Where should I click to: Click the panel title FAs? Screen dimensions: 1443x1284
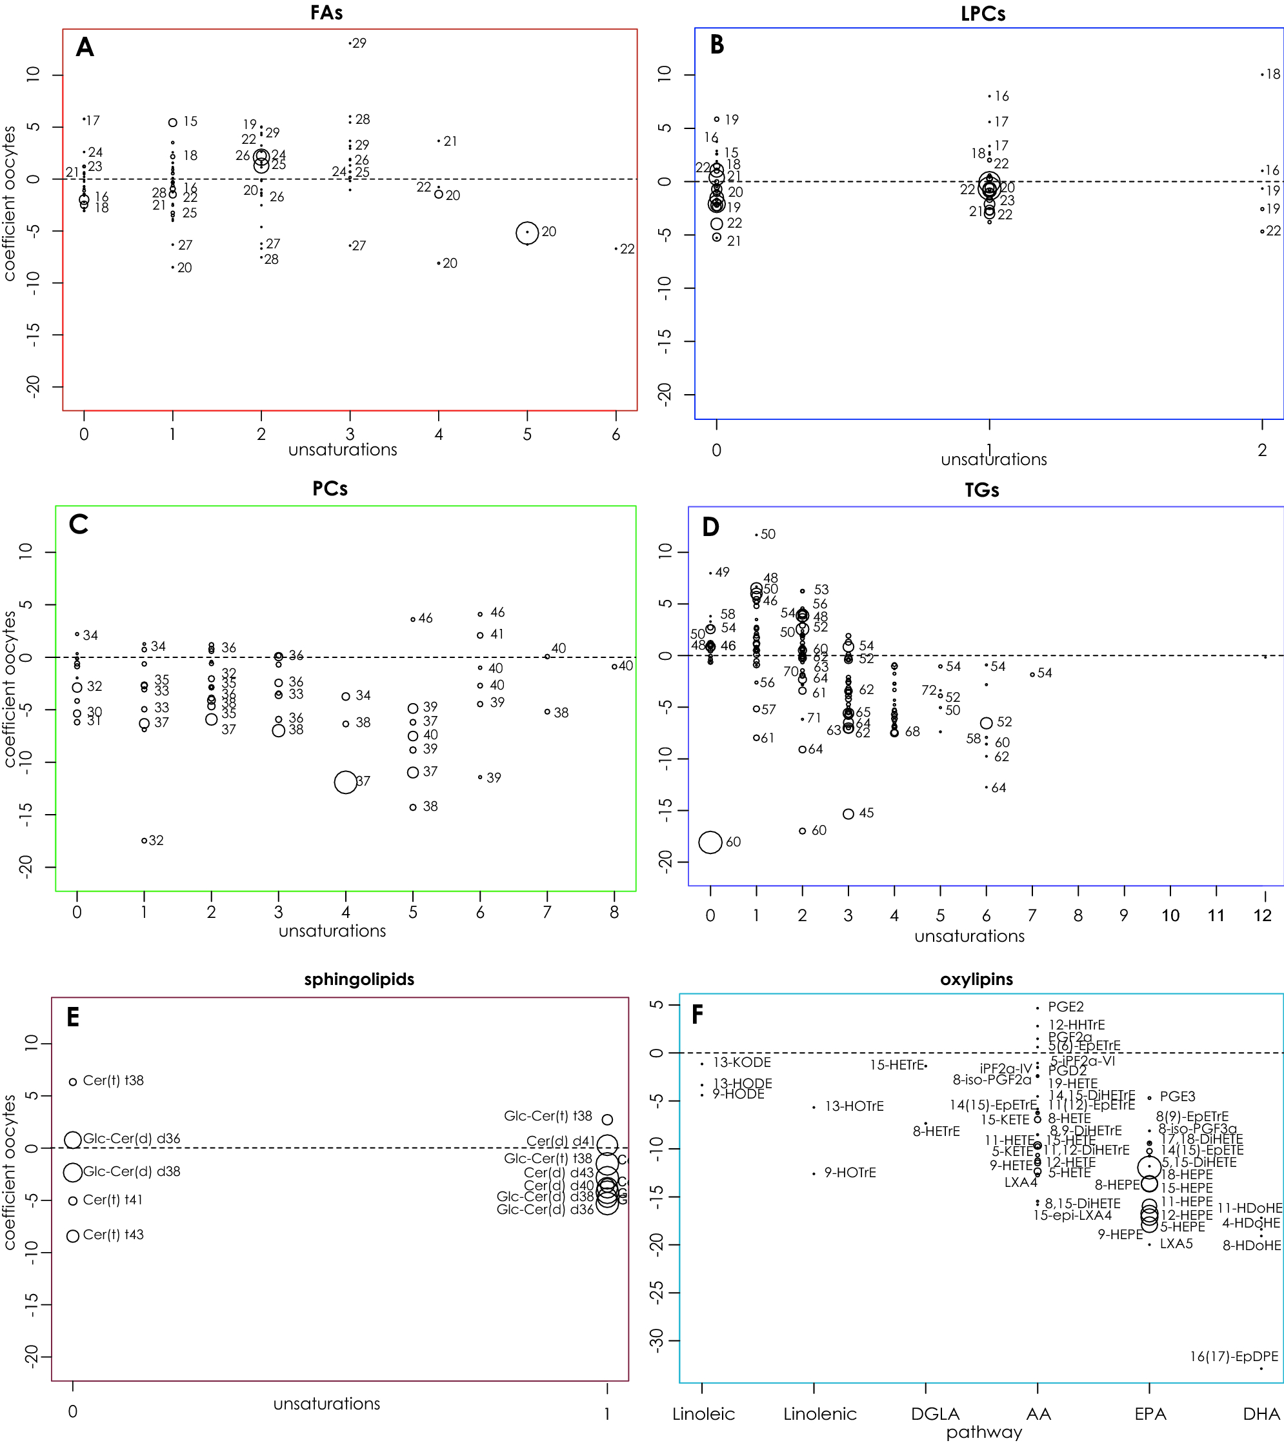pyautogui.click(x=326, y=13)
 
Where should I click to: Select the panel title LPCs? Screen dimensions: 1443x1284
pyautogui.click(x=983, y=13)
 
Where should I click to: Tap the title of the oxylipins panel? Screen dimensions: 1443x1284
pyautogui.click(x=976, y=979)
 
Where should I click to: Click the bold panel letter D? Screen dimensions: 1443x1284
pyautogui.click(x=710, y=526)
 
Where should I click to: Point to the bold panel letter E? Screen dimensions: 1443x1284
pyautogui.click(x=73, y=1017)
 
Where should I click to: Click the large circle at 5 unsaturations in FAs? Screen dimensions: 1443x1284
pyautogui.click(x=527, y=232)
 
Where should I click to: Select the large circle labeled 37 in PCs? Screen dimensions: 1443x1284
pyautogui.click(x=345, y=782)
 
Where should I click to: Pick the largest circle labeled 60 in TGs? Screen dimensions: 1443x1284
pyautogui.click(x=710, y=842)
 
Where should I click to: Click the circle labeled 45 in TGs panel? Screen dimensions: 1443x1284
pyautogui.click(x=848, y=814)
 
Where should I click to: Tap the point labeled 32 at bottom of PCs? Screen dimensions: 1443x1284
pyautogui.click(x=144, y=841)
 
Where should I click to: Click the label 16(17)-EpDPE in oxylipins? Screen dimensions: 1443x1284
pyautogui.click(x=1233, y=1356)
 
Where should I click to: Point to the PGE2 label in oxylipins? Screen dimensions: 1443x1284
pyautogui.click(x=1065, y=1007)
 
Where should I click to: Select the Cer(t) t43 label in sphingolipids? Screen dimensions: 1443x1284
pyautogui.click(x=113, y=1235)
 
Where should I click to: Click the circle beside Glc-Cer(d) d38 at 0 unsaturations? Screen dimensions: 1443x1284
pyautogui.click(x=73, y=1172)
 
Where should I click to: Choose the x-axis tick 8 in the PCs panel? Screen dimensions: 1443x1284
pyautogui.click(x=614, y=912)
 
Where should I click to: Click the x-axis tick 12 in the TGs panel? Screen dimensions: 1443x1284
pyautogui.click(x=1262, y=915)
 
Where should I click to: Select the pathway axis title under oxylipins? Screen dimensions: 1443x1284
pyautogui.click(x=984, y=1431)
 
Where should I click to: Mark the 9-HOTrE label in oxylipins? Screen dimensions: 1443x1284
pyautogui.click(x=850, y=1173)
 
